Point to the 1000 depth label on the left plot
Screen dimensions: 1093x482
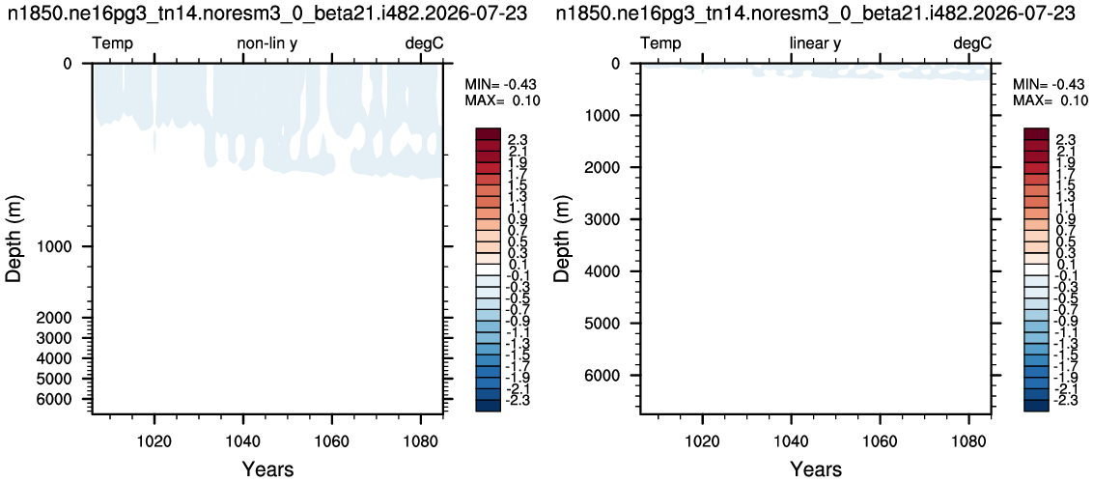(x=64, y=247)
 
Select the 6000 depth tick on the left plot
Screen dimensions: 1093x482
(x=64, y=399)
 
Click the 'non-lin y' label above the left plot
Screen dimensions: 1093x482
(x=267, y=44)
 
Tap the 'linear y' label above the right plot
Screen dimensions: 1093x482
(x=816, y=44)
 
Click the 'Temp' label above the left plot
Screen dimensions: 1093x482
(x=113, y=44)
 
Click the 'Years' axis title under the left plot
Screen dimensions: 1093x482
(x=267, y=468)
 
